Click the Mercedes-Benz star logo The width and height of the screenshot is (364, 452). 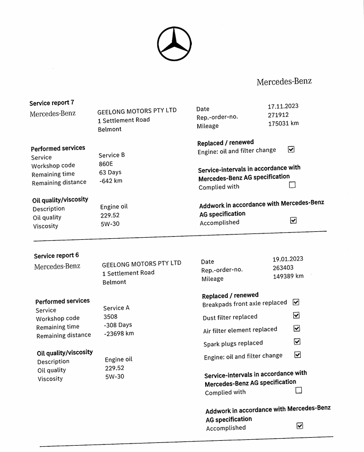(174, 43)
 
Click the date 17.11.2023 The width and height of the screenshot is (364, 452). (283, 106)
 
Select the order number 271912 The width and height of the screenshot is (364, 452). (278, 115)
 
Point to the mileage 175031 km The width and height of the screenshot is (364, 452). (283, 123)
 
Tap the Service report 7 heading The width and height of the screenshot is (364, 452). (52, 103)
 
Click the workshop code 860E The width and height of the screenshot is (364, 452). (106, 164)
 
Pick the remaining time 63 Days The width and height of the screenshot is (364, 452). (110, 172)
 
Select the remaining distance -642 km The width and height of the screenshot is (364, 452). (111, 181)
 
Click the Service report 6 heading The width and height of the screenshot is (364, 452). (56, 256)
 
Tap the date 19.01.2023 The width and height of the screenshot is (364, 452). (287, 259)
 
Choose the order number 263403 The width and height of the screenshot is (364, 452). (283, 267)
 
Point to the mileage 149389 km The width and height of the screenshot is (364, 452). (288, 276)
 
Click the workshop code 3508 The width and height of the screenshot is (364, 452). (110, 316)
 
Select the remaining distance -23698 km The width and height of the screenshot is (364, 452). (119, 333)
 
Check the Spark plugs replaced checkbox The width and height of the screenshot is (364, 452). (297, 342)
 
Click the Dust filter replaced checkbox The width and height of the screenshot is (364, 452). (297, 315)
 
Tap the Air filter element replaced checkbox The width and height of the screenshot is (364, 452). (297, 329)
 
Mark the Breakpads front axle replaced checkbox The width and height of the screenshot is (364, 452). (296, 302)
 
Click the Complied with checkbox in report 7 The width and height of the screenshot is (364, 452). (292, 185)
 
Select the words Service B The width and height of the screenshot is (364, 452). (112, 155)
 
